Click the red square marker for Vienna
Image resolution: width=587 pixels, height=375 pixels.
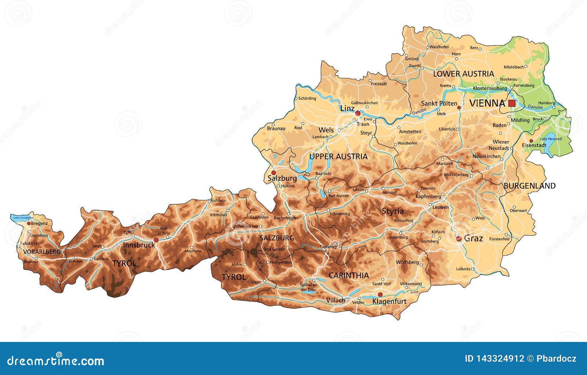click(511, 104)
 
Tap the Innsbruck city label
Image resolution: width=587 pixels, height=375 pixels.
click(139, 245)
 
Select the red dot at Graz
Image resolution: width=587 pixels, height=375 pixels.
click(459, 239)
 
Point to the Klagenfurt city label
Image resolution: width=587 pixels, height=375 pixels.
click(389, 302)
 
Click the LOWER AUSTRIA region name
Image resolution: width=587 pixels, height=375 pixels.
click(463, 74)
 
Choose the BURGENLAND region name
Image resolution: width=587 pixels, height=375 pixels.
click(529, 186)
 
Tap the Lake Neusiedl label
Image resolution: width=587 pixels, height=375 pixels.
click(551, 139)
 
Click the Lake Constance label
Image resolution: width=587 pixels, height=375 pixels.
click(23, 218)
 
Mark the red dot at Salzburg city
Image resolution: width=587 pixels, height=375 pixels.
click(273, 173)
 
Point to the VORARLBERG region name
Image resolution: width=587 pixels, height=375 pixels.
click(41, 252)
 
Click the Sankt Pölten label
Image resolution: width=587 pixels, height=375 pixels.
click(439, 104)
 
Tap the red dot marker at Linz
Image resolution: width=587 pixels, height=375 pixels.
click(358, 113)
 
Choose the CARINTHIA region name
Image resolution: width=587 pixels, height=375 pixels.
click(349, 275)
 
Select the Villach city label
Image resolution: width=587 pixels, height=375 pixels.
click(335, 300)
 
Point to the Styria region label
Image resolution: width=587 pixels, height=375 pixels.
click(393, 211)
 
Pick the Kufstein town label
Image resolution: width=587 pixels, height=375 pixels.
click(218, 201)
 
